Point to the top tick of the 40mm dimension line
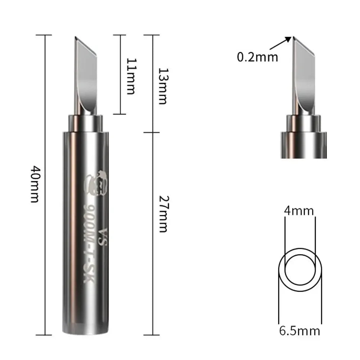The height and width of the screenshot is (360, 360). (x=45, y=35)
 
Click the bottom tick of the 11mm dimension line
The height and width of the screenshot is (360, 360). (x=120, y=114)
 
